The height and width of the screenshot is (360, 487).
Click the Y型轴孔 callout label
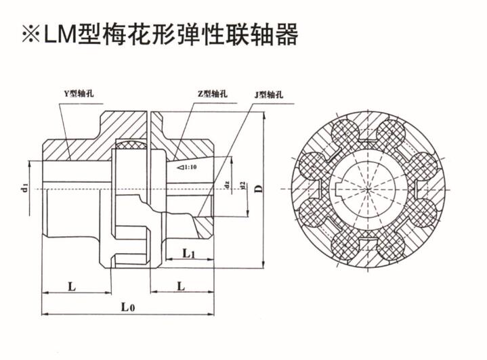pyautogui.click(x=72, y=94)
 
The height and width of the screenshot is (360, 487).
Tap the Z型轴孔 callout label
pyautogui.click(x=211, y=94)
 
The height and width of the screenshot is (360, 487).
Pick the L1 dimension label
pyautogui.click(x=190, y=254)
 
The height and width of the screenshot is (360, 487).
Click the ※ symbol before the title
pyautogui.click(x=30, y=34)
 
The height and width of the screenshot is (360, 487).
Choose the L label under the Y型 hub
pyautogui.click(x=72, y=286)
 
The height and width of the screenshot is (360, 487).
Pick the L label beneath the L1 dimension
pyautogui.click(x=180, y=286)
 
